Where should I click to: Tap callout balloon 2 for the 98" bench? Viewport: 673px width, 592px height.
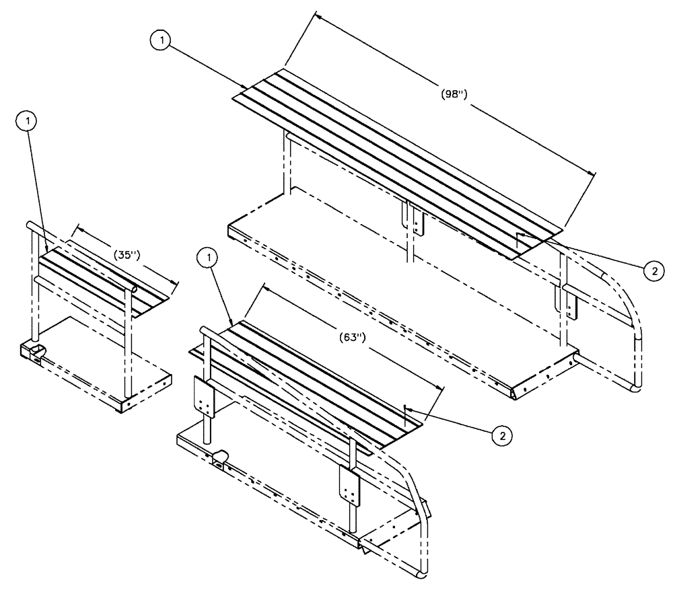click(x=651, y=270)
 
